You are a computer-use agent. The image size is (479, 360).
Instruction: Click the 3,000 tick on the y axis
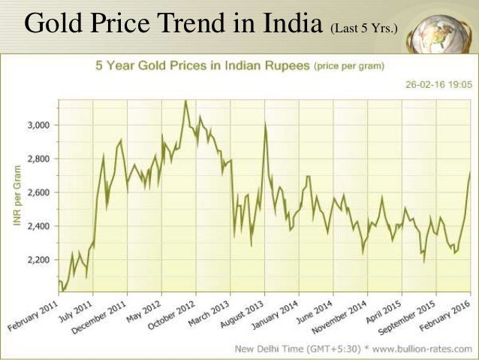[x=38, y=125]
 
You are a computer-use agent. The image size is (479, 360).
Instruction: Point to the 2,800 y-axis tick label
[x=38, y=159]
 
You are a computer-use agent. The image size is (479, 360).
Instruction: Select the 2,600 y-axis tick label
[x=38, y=192]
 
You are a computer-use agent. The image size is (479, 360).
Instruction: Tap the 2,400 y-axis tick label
[x=38, y=226]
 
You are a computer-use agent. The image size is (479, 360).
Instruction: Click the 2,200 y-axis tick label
[x=38, y=260]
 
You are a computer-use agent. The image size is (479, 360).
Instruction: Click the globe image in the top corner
[x=443, y=25]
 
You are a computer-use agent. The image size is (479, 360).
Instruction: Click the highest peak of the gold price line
[x=185, y=100]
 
